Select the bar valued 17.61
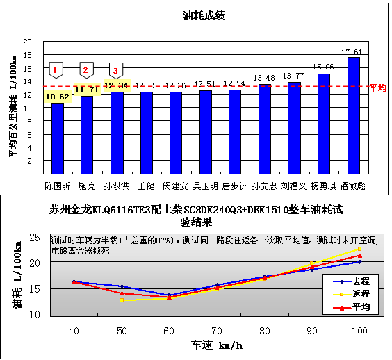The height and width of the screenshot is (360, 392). (x=353, y=115)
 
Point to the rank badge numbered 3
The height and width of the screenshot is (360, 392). (x=116, y=70)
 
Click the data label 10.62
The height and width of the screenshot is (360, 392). (x=57, y=96)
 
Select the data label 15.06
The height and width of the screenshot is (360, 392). (x=324, y=67)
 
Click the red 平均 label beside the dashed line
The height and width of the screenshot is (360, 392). (x=377, y=88)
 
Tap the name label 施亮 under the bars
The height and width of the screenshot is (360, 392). (x=87, y=186)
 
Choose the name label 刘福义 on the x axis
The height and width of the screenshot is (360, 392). (x=294, y=186)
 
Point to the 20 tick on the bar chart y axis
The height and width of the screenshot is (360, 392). (x=28, y=42)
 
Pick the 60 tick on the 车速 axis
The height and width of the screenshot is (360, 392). (x=169, y=329)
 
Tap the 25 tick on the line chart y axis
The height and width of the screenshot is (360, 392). (x=33, y=238)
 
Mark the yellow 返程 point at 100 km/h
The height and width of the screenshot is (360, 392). (x=360, y=249)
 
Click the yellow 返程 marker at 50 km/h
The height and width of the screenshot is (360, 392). (x=122, y=300)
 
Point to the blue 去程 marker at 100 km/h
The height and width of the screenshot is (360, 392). (x=360, y=262)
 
